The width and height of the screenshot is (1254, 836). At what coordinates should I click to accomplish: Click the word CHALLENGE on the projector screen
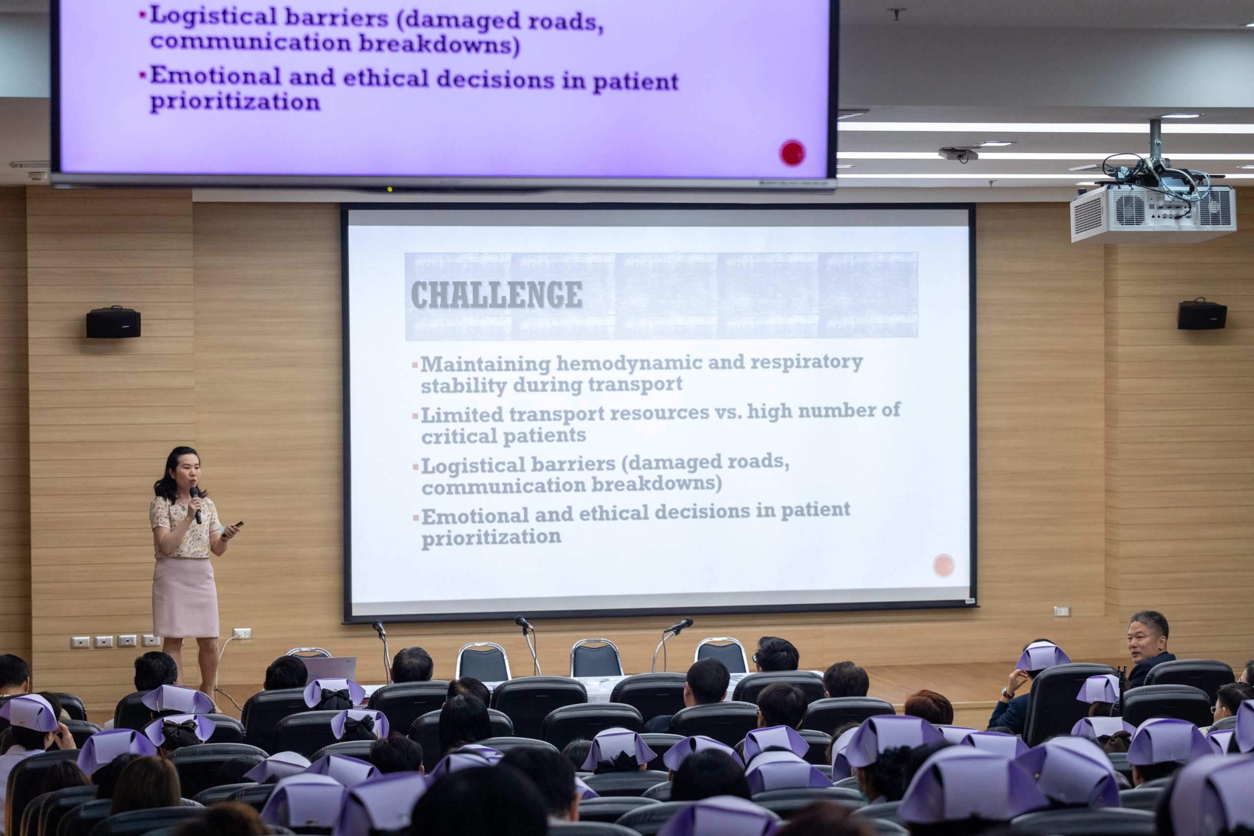point(496,294)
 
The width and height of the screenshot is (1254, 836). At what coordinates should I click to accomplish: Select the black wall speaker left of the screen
point(113,322)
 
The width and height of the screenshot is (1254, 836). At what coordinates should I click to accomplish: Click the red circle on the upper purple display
point(792,153)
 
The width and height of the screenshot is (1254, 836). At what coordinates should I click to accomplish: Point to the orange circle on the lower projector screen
point(944,565)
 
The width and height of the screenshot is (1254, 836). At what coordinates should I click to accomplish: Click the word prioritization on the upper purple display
point(235,101)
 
